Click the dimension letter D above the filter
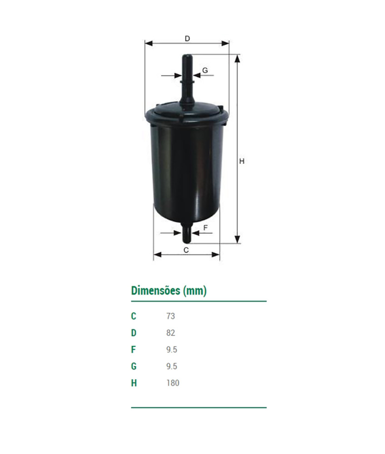(x=187, y=39)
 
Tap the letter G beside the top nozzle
(x=205, y=70)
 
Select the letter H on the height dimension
(x=242, y=161)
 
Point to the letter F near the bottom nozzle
(x=205, y=228)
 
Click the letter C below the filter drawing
(x=186, y=250)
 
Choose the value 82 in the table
(x=170, y=333)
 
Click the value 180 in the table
(x=173, y=383)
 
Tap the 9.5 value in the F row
(x=172, y=350)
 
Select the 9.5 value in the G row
(x=172, y=366)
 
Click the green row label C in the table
(x=133, y=316)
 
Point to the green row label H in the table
(x=133, y=383)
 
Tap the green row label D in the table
(x=133, y=333)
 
